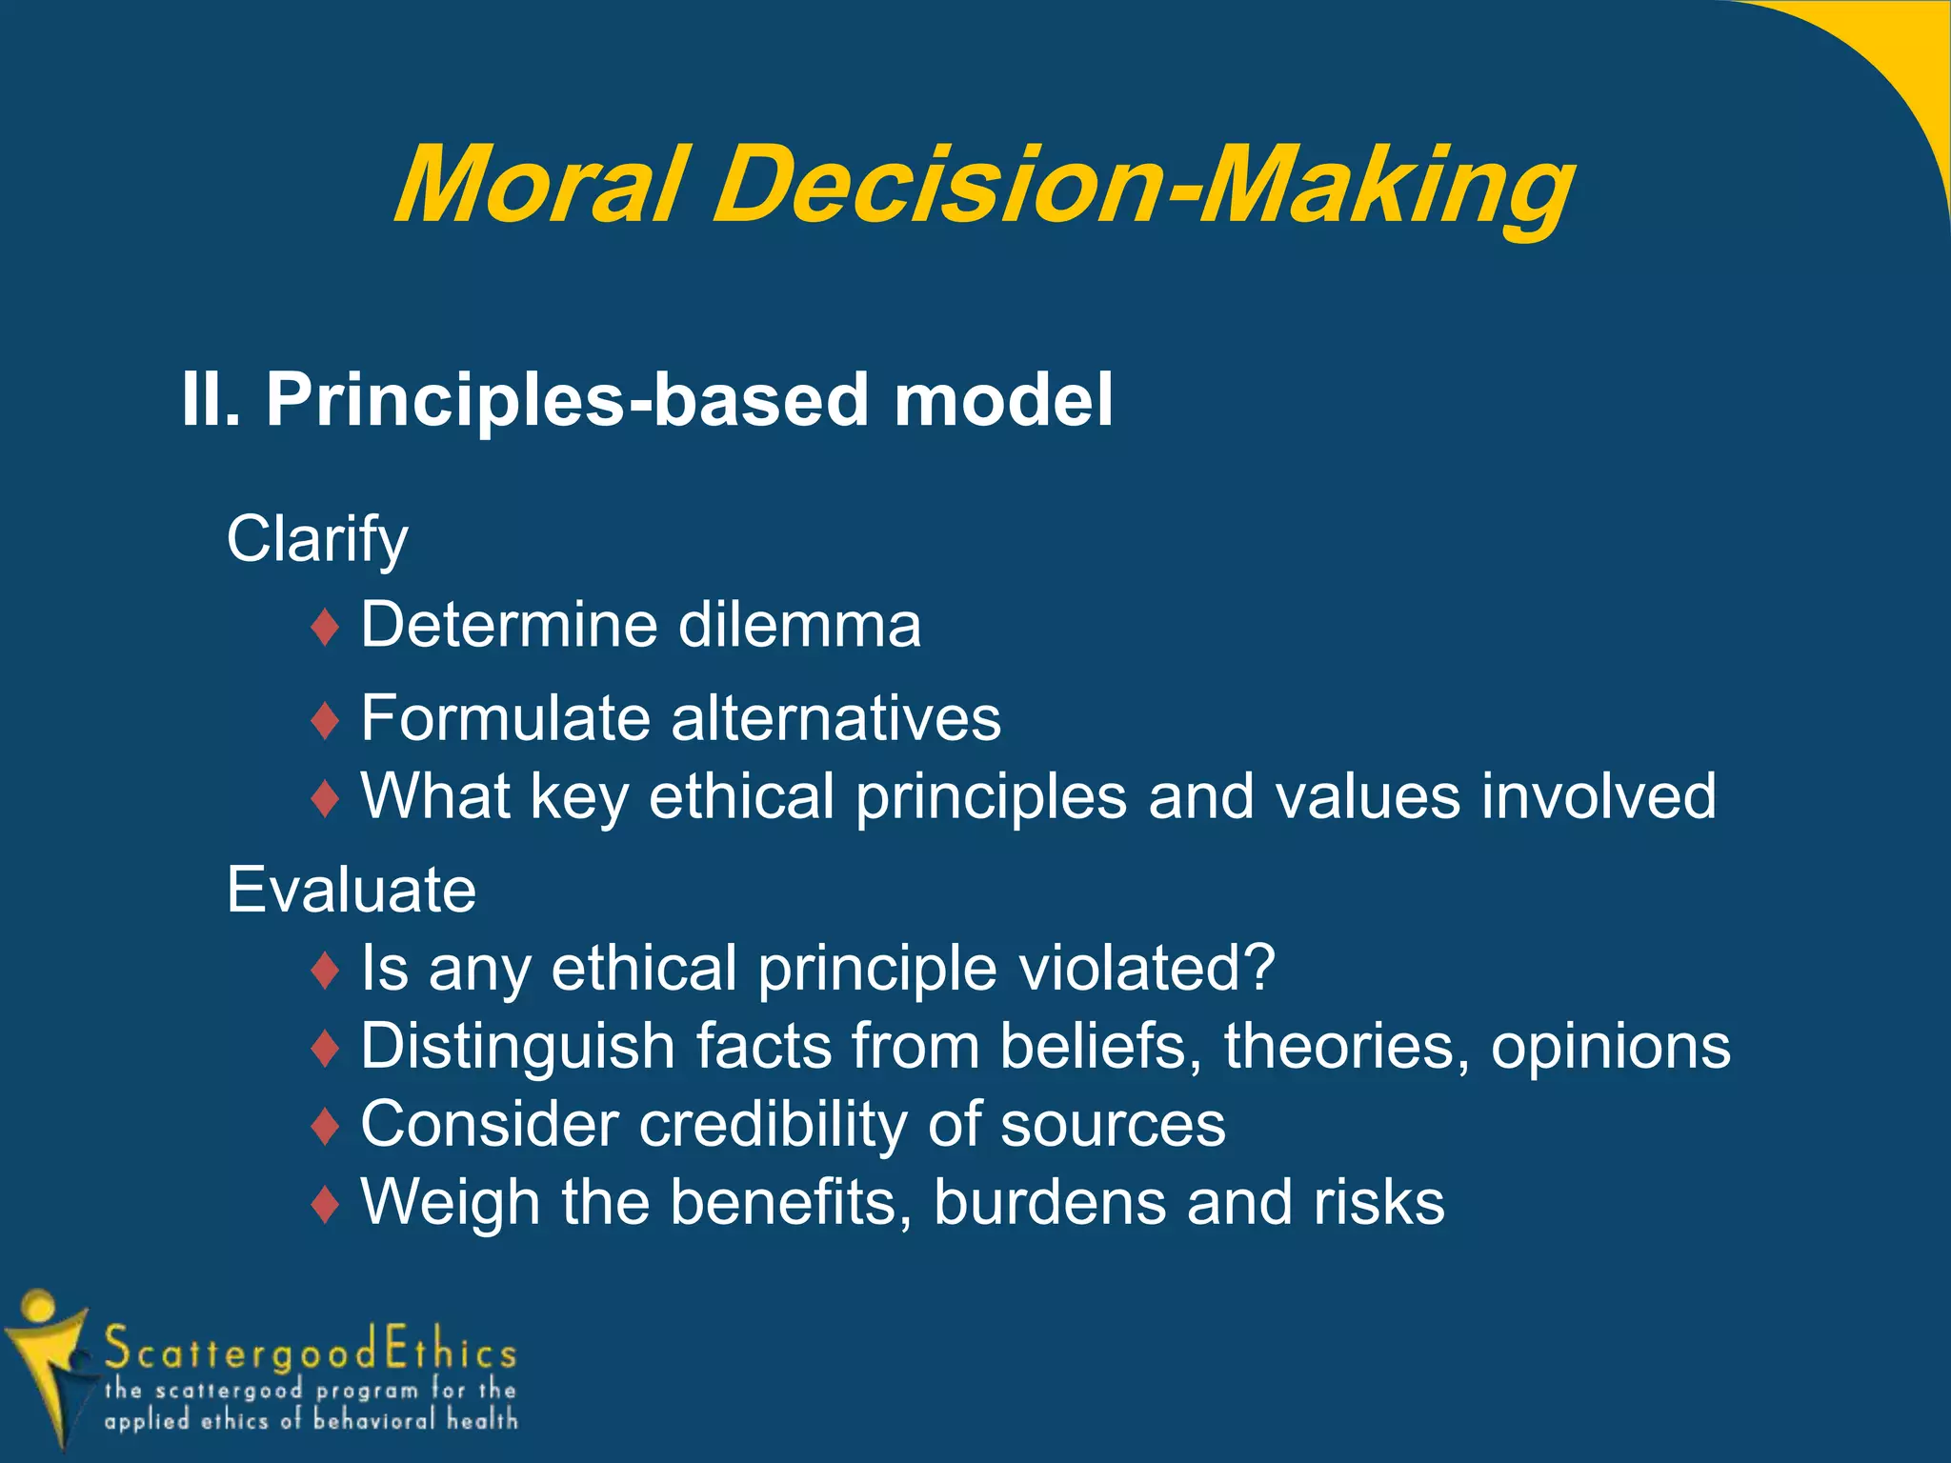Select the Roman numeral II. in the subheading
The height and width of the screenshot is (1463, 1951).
pos(211,400)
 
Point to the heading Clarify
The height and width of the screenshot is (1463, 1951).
pos(316,540)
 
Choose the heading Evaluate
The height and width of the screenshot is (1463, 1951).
pos(351,891)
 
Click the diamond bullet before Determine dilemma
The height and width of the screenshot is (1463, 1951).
pos(326,629)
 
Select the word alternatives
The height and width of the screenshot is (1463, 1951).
pos(835,718)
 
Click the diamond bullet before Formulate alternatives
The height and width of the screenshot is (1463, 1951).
pos(326,721)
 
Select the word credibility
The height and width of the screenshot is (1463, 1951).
pos(773,1125)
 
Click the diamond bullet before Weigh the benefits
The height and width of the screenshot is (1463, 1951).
pos(326,1205)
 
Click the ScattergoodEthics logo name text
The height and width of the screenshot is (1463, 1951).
pos(311,1349)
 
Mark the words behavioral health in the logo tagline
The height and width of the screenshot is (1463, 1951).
pos(415,1420)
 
